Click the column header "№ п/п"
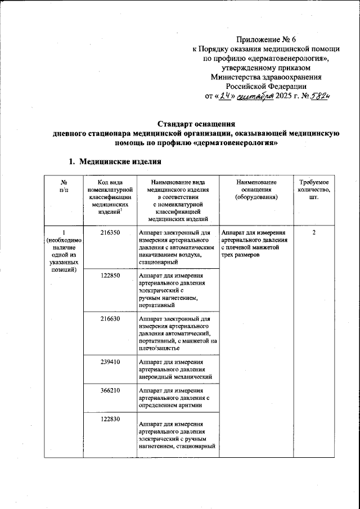tap(64, 187)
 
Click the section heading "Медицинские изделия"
tap(120, 161)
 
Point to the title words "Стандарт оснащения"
tap(195, 123)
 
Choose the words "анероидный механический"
tap(174, 377)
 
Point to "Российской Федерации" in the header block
tap(265, 87)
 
